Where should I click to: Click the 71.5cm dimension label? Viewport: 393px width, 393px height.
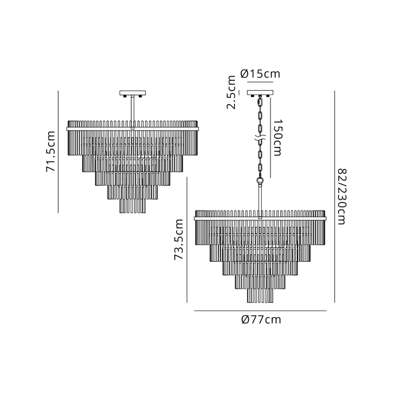coord(51,152)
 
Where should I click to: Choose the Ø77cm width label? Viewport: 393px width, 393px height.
coord(261,320)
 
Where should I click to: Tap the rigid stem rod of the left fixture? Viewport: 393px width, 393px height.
coord(132,111)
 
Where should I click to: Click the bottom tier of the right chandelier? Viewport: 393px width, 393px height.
coord(261,295)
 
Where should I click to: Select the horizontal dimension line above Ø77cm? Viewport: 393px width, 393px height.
coord(261,311)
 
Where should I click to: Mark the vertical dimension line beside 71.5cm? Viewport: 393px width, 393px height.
coord(58,152)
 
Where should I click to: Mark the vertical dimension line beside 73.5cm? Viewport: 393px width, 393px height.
coord(187,240)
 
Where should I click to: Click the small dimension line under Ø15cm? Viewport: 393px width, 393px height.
coord(261,83)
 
